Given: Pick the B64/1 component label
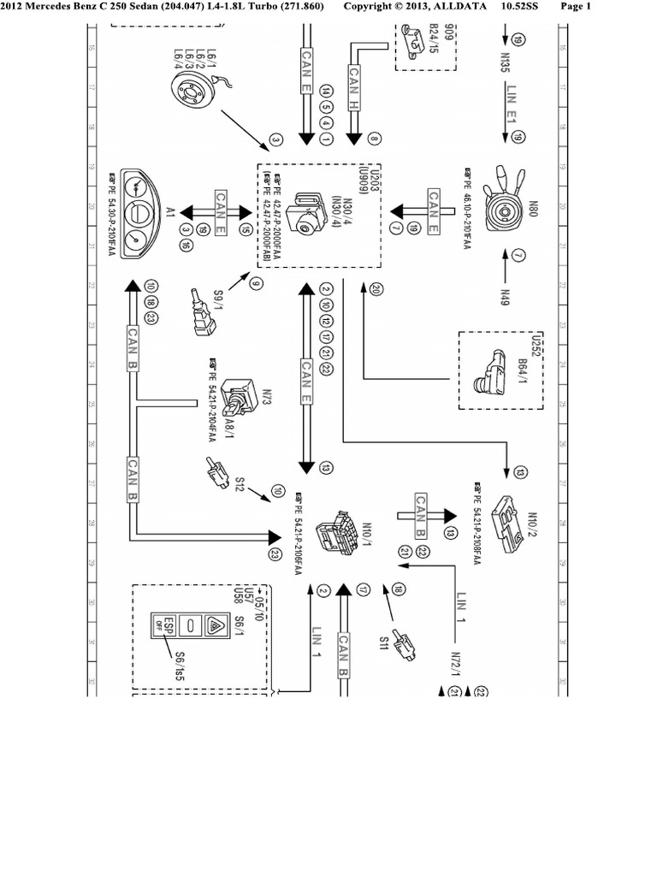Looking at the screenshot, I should click(x=521, y=371).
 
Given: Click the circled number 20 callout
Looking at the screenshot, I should click(x=376, y=291).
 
